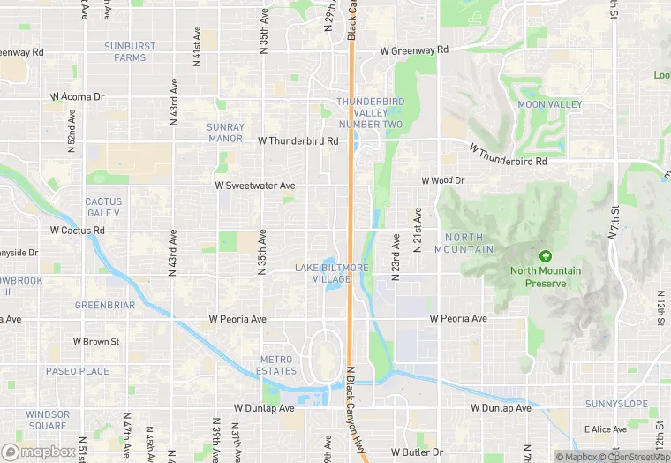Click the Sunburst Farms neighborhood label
(x=130, y=51)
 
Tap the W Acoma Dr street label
(x=78, y=95)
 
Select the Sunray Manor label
(x=225, y=133)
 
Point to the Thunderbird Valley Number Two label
(x=369, y=113)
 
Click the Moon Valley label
(x=550, y=104)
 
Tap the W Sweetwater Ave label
(x=255, y=186)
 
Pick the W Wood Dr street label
(x=443, y=180)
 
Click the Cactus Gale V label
(x=103, y=208)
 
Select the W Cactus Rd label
(x=78, y=230)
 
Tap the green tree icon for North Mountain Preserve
(x=545, y=255)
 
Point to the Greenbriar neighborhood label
(x=105, y=306)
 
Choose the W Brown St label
(x=96, y=341)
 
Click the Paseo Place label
(x=78, y=371)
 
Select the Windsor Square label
(x=48, y=420)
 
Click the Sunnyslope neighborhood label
(x=616, y=404)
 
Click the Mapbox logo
(x=39, y=452)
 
